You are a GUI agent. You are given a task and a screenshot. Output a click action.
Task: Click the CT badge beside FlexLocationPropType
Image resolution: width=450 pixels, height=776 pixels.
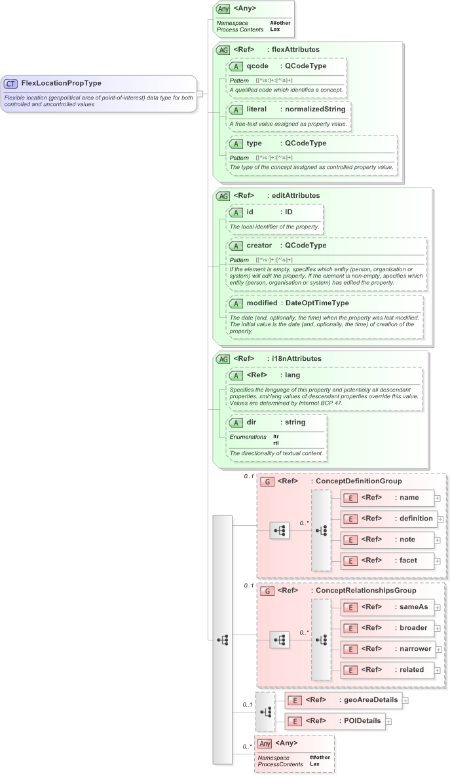pos(11,83)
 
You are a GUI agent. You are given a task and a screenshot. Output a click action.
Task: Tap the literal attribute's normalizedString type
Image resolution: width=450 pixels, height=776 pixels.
pos(315,109)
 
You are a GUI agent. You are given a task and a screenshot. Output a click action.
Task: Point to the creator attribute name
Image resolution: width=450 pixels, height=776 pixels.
pos(259,246)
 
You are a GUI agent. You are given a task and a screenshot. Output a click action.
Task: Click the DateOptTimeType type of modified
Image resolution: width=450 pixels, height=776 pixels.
pos(317,303)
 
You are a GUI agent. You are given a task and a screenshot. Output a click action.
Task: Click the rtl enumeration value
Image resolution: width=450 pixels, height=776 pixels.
pos(276,443)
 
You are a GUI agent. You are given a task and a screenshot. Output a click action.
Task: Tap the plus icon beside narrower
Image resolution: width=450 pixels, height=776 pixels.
pos(439,649)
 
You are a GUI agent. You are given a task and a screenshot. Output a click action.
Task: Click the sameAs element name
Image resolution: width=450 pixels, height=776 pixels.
pos(414,607)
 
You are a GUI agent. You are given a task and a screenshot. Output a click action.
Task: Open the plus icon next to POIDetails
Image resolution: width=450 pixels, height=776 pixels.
pos(388,721)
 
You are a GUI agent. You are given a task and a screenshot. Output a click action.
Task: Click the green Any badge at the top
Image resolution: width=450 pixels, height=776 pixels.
pos(223,9)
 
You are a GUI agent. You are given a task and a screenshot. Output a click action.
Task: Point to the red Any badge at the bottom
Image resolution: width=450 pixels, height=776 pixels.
pos(265,744)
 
